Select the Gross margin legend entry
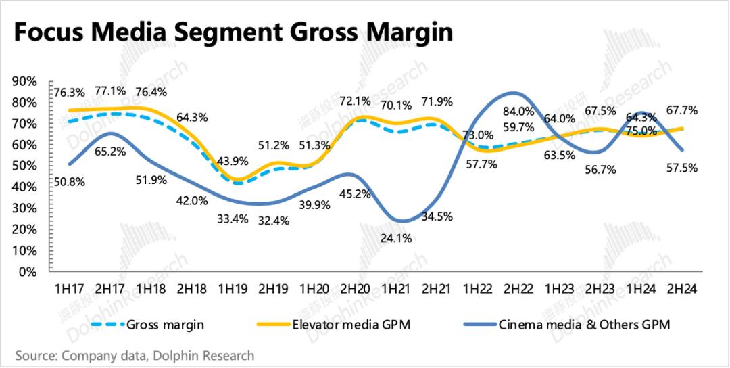(165, 324)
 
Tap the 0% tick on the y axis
(27, 273)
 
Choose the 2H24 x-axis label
(681, 289)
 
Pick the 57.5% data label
(681, 166)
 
